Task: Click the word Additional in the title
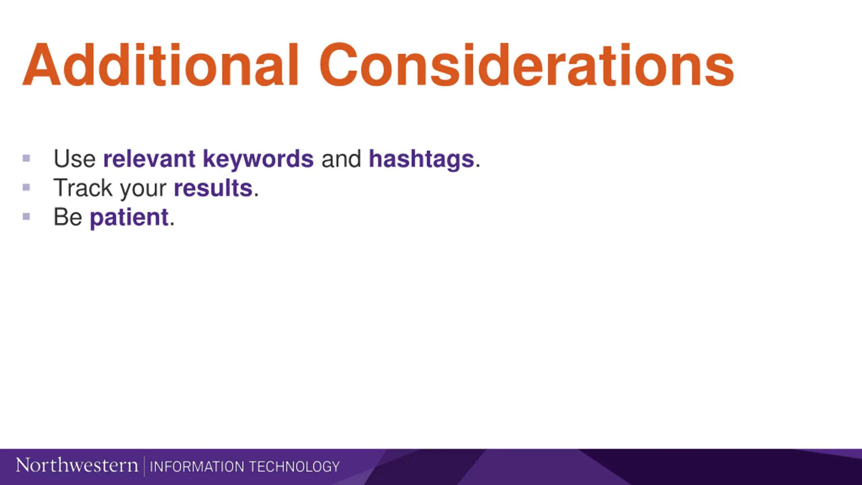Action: click(160, 65)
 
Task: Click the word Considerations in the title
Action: click(527, 65)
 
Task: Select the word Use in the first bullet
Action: click(74, 159)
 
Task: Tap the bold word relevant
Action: click(149, 159)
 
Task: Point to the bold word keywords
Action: click(258, 160)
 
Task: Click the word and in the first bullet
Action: click(341, 159)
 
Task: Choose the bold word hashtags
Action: click(422, 160)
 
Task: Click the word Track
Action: click(83, 188)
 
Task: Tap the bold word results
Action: click(213, 188)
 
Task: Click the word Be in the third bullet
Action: click(68, 217)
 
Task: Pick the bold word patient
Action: click(129, 218)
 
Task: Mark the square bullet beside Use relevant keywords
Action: click(26, 158)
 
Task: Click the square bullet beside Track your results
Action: click(26, 187)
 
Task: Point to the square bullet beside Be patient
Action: click(26, 216)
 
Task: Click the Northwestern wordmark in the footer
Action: click(77, 465)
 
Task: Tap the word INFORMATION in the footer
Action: click(197, 467)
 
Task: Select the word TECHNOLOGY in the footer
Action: click(294, 467)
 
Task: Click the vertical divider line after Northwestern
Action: click(144, 466)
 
